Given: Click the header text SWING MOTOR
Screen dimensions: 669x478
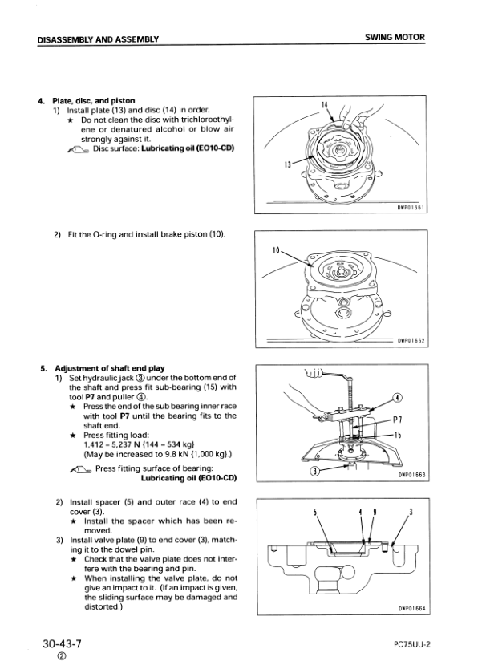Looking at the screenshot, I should coord(395,38).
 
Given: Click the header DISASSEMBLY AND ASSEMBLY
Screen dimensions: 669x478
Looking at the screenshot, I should coord(98,39).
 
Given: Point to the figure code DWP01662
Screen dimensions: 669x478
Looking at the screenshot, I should coord(411,340).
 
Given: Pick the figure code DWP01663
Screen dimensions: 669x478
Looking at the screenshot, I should coord(411,475).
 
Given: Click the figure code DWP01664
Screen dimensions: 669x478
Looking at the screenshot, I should coord(411,608).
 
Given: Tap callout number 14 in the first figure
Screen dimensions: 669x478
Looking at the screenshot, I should coord(325,105).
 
